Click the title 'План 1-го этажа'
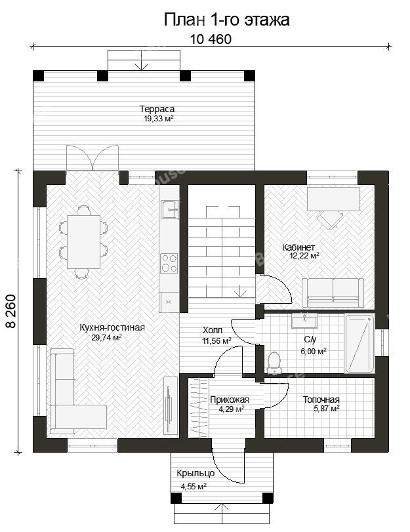pos(226,20)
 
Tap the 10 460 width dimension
pos(211,39)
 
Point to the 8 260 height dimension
pos(10,311)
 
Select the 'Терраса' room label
pos(157,109)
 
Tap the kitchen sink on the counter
pos(169,209)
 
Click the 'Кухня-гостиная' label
pos(112,327)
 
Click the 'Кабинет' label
pos(298,247)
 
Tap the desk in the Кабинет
pos(333,199)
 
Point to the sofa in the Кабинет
pos(333,293)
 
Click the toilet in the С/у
pos(274,362)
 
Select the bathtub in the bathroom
pos(359,343)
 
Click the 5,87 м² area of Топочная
pos(327,409)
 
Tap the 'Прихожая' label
pos(230,399)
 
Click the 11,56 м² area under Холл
pos(217,340)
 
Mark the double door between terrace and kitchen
pos(92,157)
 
